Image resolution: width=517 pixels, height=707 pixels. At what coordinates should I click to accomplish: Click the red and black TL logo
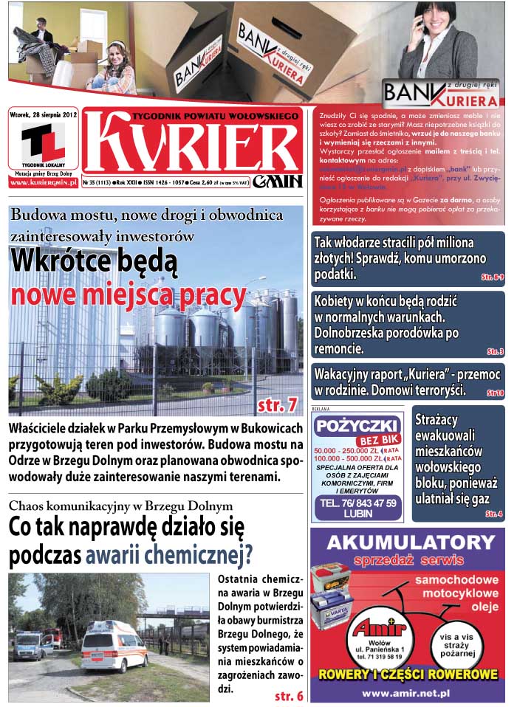[x=43, y=142]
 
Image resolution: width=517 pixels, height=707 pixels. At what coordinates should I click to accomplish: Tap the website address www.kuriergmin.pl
[x=43, y=182]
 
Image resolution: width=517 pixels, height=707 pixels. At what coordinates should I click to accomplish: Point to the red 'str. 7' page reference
[x=278, y=404]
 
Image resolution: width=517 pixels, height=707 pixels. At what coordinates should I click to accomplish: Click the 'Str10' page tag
[x=494, y=393]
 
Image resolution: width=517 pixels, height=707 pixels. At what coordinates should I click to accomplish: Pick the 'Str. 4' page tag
[x=494, y=514]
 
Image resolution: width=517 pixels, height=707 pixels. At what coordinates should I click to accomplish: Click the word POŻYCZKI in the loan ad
[x=357, y=427]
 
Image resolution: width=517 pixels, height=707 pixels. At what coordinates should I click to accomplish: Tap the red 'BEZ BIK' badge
[x=357, y=441]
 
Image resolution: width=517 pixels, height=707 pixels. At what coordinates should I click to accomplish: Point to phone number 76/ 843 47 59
[x=357, y=503]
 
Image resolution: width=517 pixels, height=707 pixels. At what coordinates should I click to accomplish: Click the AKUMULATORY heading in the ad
[x=408, y=542]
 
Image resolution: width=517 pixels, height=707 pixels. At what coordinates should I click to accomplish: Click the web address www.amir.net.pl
[x=407, y=693]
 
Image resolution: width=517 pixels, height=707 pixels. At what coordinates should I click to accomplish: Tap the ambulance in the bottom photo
[x=114, y=644]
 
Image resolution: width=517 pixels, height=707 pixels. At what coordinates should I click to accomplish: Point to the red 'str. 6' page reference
[x=289, y=696]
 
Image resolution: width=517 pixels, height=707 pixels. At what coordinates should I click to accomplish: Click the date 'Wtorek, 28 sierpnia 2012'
[x=44, y=114]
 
